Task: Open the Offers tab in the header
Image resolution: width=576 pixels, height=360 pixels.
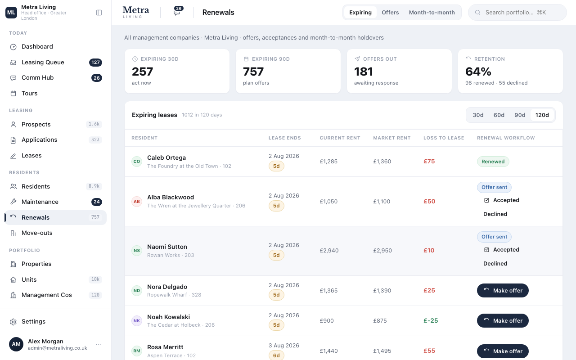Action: (x=390, y=12)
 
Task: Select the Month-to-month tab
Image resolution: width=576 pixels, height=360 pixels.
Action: (x=432, y=12)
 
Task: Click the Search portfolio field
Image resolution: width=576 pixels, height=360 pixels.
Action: (x=517, y=12)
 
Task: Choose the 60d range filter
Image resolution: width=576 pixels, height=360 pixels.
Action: (x=499, y=115)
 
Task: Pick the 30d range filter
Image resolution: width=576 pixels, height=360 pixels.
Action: (x=478, y=115)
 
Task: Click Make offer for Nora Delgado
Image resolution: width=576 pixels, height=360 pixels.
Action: (x=503, y=291)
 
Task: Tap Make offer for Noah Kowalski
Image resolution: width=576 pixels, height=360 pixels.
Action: (x=503, y=321)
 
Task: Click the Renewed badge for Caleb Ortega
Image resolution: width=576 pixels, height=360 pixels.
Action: (x=493, y=162)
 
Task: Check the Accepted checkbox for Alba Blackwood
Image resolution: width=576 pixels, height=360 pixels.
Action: (x=486, y=200)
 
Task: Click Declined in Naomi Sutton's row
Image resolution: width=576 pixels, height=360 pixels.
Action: (x=495, y=264)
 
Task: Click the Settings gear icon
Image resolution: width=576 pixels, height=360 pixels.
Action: (x=13, y=322)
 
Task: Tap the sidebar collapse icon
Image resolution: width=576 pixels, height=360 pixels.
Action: (x=99, y=13)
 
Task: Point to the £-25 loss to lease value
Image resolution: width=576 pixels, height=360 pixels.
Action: (x=431, y=321)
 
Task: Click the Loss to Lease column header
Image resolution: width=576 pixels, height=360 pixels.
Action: (x=444, y=138)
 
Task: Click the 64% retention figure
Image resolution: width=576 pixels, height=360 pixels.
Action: (x=478, y=72)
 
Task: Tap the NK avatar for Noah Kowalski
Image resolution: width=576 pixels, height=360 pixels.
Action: (x=137, y=321)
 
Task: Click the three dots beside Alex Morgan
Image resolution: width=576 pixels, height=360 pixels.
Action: (x=99, y=344)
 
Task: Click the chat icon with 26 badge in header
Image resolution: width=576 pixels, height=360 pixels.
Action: (x=177, y=11)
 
